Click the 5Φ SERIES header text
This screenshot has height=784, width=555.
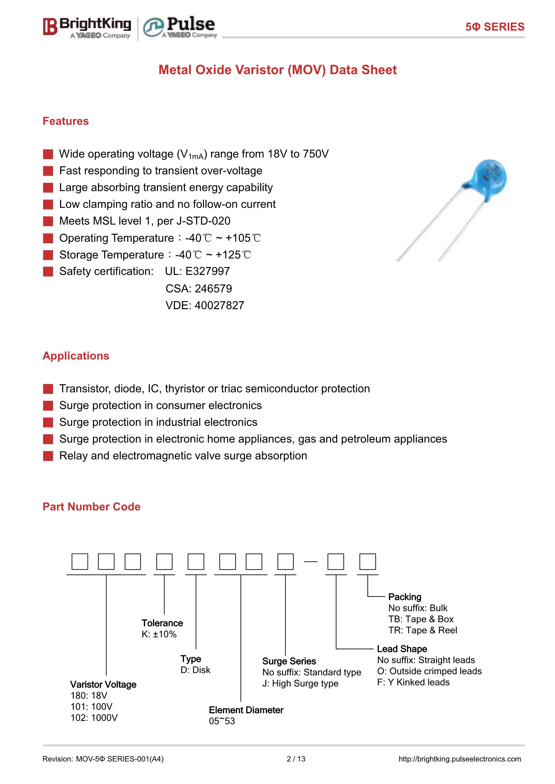click(494, 27)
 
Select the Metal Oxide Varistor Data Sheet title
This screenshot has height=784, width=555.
click(277, 70)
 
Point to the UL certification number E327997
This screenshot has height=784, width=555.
click(207, 271)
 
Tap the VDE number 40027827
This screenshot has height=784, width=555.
click(219, 305)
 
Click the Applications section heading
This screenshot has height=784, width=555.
click(76, 356)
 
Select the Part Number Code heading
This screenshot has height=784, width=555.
click(91, 507)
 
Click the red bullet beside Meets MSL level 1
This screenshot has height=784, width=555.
click(48, 221)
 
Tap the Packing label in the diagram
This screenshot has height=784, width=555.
click(405, 597)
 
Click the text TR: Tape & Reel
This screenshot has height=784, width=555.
click(423, 630)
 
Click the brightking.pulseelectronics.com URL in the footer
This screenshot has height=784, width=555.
click(460, 759)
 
